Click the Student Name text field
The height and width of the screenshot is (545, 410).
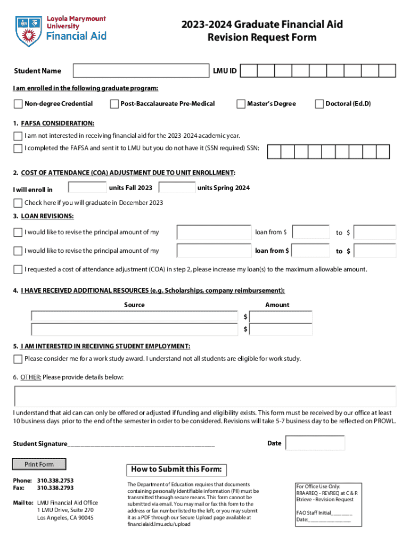coord(141,71)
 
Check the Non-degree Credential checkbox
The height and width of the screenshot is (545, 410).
coord(18,104)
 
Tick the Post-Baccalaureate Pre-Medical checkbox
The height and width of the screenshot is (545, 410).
coord(114,104)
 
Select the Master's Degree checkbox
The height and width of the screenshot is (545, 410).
coord(241,104)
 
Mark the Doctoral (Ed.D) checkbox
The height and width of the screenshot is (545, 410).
coord(319,104)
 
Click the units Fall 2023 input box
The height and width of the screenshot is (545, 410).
coord(88,188)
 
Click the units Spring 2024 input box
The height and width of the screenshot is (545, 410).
coord(177,188)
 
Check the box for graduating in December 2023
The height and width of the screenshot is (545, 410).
coord(18,203)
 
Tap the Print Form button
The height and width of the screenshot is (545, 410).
coord(39,464)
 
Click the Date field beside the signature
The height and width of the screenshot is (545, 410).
coord(315,443)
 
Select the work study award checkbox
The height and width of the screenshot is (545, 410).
coord(18,359)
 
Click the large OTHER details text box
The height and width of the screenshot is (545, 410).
coord(205,397)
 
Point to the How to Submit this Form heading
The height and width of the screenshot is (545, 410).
coord(176,469)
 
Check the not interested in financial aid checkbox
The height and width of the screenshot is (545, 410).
coord(18,136)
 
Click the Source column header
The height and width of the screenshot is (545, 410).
coord(134,305)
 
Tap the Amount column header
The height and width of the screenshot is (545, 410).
coord(277,305)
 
